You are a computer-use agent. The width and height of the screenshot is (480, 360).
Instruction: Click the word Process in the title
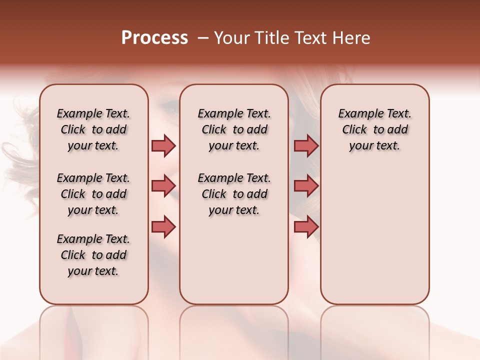154,38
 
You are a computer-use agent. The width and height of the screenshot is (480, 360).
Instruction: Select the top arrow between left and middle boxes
163,145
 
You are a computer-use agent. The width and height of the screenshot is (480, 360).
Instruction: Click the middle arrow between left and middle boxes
163,186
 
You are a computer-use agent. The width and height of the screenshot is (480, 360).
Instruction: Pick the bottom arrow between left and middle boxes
163,226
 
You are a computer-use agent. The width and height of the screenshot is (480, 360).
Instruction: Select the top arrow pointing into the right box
306,145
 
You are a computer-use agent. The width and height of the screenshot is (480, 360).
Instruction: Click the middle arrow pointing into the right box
306,186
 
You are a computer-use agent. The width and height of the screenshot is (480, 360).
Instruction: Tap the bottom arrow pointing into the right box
306,226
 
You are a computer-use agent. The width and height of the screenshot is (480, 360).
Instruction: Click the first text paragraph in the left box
93,129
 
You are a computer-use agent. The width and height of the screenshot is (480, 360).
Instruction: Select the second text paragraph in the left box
93,194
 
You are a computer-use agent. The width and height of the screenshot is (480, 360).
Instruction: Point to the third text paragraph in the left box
93,255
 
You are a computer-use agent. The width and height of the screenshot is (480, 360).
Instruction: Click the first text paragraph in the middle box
234,129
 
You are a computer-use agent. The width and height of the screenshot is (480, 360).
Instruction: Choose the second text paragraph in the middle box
234,194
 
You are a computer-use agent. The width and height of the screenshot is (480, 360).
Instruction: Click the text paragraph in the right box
374,129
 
